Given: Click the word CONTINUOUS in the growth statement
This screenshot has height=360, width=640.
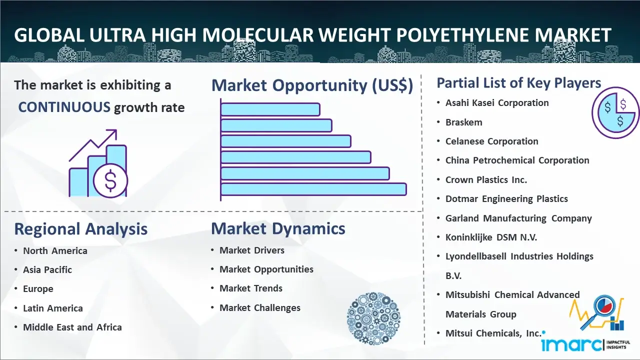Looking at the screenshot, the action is [x=64, y=107].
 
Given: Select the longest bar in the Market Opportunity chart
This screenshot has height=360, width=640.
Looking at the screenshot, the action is [x=313, y=189].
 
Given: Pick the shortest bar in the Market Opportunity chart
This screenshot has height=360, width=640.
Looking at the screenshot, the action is [x=270, y=109].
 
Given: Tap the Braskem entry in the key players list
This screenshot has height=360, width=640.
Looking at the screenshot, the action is [x=463, y=122].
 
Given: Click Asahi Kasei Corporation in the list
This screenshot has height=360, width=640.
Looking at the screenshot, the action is [x=497, y=103].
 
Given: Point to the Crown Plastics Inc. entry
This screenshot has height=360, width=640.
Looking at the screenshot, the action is [x=486, y=179].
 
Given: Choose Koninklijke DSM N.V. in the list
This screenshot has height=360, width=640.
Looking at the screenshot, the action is [x=491, y=237].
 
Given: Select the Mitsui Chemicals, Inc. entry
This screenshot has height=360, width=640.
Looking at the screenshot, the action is [x=493, y=333].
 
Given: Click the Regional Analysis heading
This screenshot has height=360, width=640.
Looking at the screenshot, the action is [x=81, y=229].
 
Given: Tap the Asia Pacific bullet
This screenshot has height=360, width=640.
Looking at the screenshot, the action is [x=47, y=269].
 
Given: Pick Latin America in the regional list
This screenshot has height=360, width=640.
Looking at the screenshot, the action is [x=53, y=308].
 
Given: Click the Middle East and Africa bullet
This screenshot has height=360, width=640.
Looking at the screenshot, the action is [x=72, y=327].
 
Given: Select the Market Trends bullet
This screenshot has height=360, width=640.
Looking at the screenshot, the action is [x=251, y=288].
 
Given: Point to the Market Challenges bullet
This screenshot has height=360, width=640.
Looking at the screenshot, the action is [x=259, y=307].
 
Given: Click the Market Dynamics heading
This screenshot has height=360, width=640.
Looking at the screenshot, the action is [x=278, y=228].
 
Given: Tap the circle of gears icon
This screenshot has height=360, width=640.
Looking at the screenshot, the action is [x=373, y=318].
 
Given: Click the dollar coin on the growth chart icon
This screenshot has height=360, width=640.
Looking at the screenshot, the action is [x=110, y=181].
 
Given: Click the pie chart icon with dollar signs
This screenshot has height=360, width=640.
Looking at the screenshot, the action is [x=615, y=113].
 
